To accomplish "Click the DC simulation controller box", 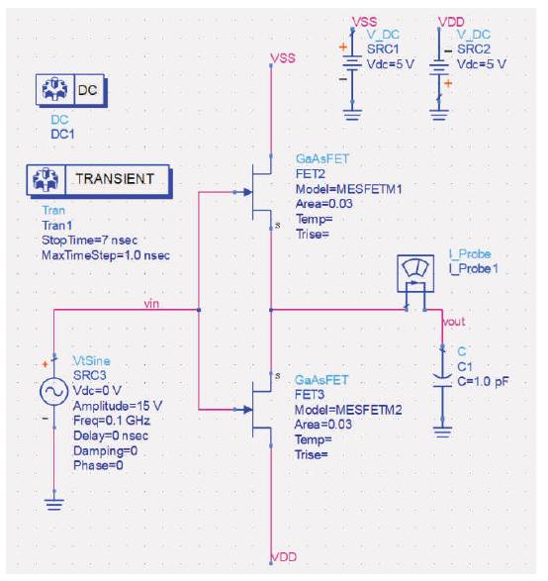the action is pyautogui.click(x=70, y=90).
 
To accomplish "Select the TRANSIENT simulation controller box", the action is pyautogui.click(x=99, y=180).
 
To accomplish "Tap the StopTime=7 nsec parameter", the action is pyautogui.click(x=90, y=241).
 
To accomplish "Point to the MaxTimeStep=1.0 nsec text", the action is pyautogui.click(x=106, y=255).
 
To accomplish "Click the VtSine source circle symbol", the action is pyautogui.click(x=53, y=391).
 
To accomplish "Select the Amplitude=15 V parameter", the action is pyautogui.click(x=118, y=406).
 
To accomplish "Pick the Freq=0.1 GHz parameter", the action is pyautogui.click(x=112, y=421).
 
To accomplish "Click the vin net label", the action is pyautogui.click(x=151, y=304).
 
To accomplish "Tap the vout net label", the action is pyautogui.click(x=454, y=322).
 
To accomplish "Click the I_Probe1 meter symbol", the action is pyautogui.click(x=415, y=273).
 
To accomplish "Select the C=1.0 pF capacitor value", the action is pyautogui.click(x=483, y=381).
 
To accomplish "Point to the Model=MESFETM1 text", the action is pyautogui.click(x=348, y=189).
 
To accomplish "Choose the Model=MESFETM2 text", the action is pyautogui.click(x=348, y=410).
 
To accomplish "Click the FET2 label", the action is pyautogui.click(x=311, y=174).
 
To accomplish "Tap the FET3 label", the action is pyautogui.click(x=310, y=395).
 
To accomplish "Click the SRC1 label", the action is pyautogui.click(x=383, y=48).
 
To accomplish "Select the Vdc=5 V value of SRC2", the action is pyautogui.click(x=482, y=64).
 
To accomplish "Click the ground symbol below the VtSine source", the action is pyautogui.click(x=54, y=505).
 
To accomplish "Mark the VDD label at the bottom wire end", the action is pyautogui.click(x=284, y=557).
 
